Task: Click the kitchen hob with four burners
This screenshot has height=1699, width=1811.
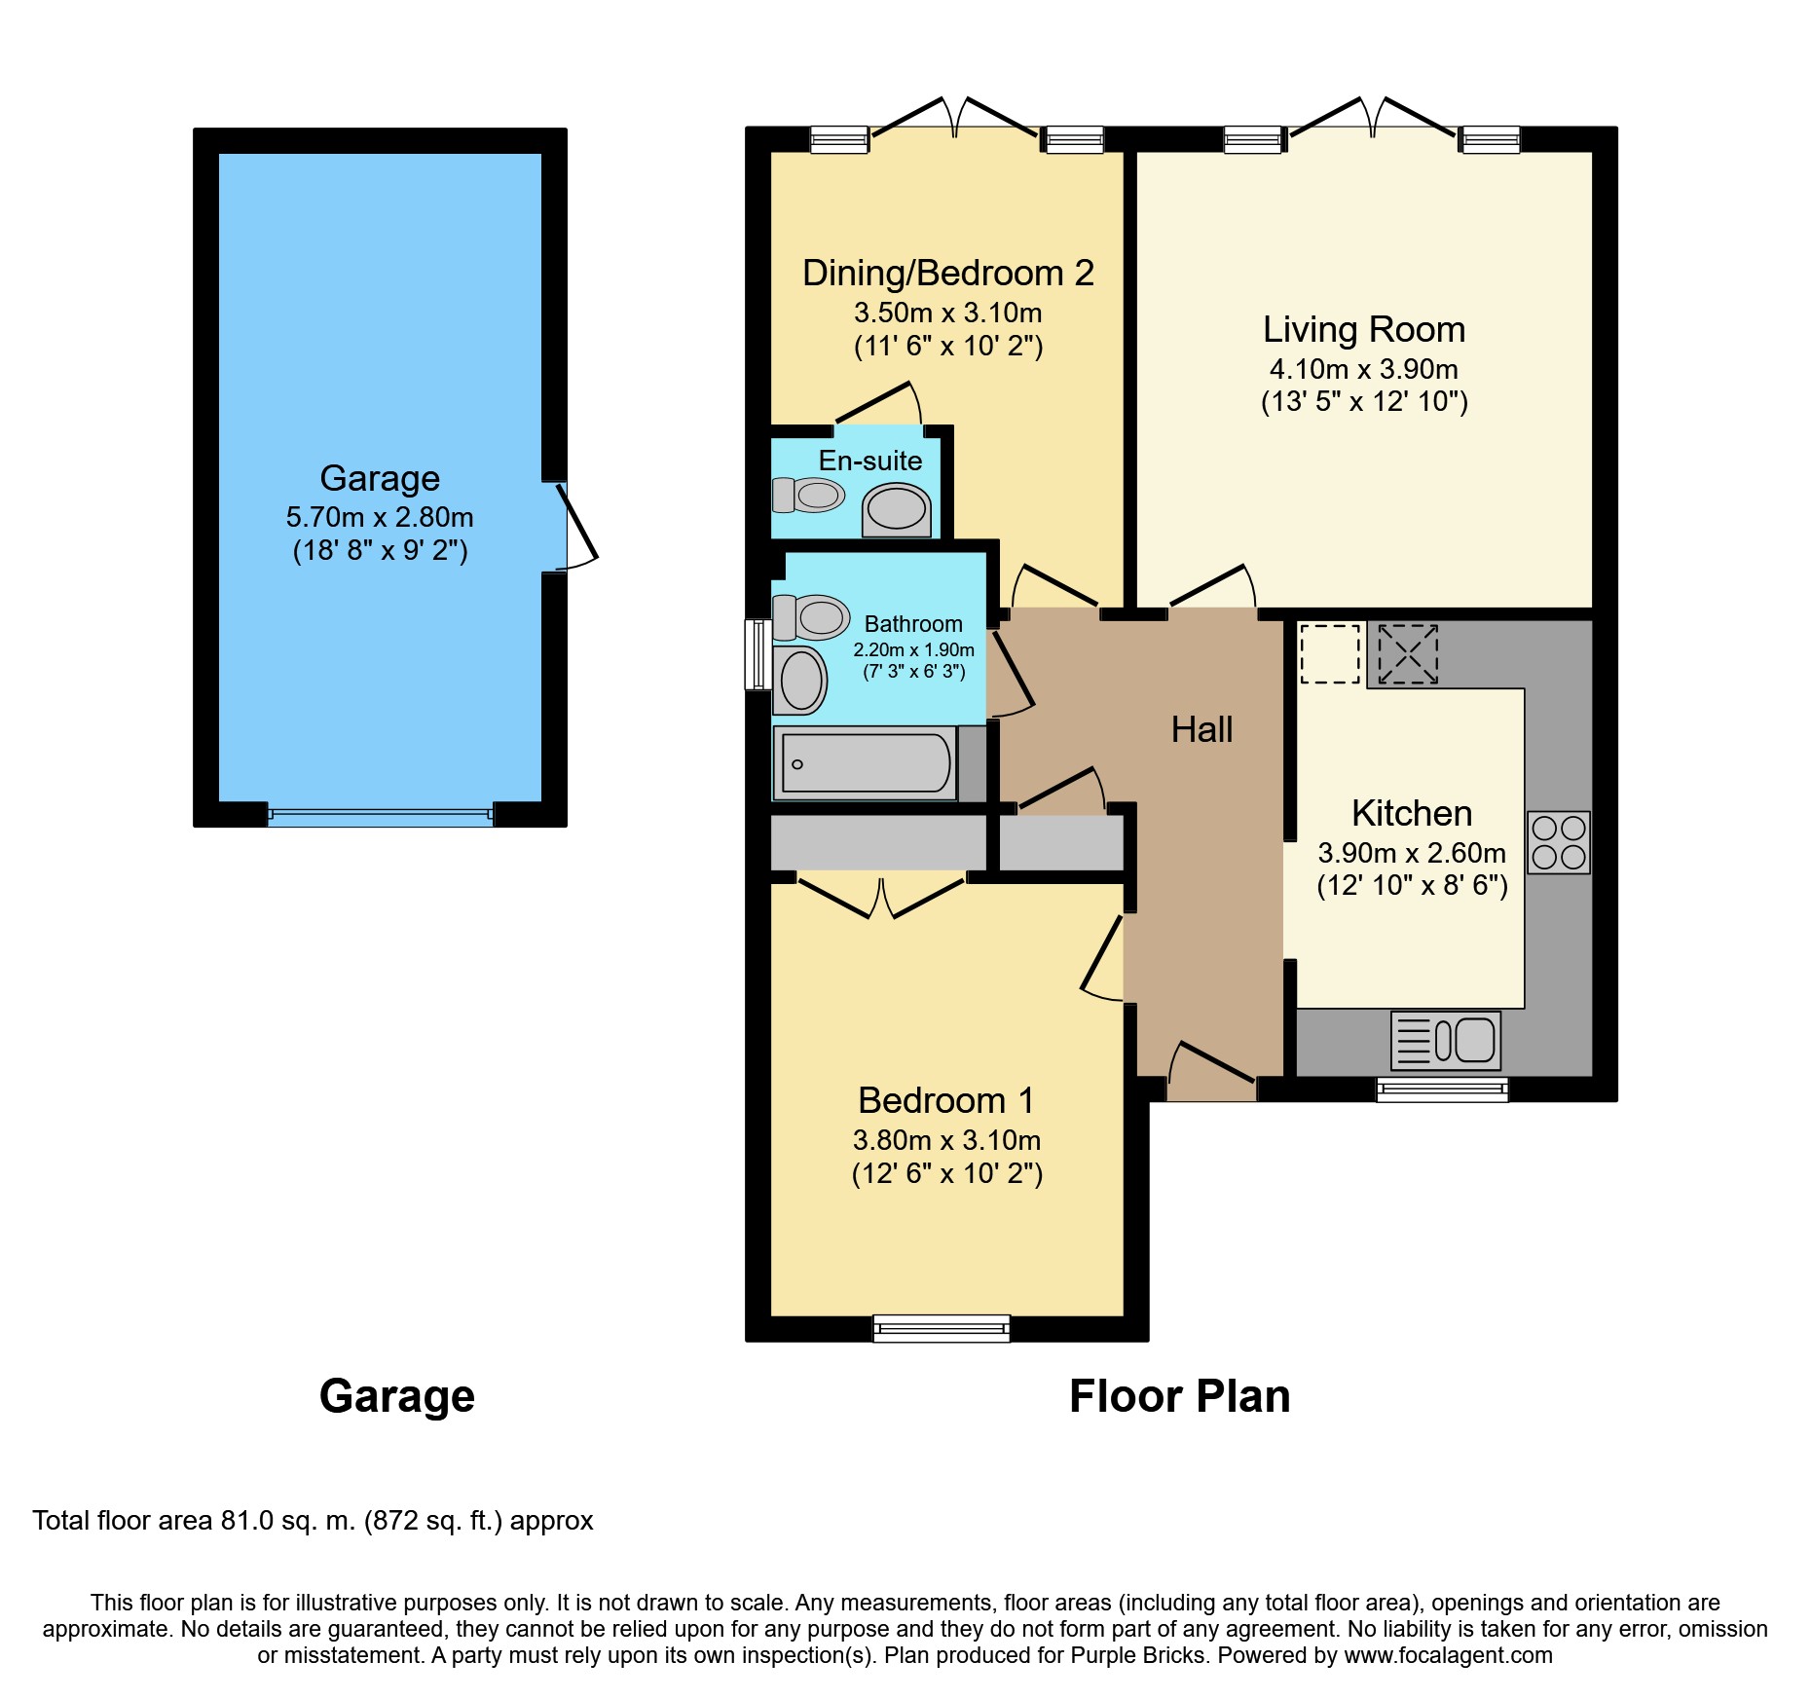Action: coord(1558,842)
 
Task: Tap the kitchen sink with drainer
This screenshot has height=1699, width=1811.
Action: coord(1446,1041)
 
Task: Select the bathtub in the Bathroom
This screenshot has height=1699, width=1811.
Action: coord(866,762)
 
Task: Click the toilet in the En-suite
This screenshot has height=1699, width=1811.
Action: coord(808,495)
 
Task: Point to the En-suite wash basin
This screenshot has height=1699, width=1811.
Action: coord(897,510)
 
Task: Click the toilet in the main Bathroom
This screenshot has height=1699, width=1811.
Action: coord(811,617)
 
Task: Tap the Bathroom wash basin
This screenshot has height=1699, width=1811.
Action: coord(800,680)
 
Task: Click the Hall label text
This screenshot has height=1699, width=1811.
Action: coord(1201,729)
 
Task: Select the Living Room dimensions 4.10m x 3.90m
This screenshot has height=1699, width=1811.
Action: coord(1364,369)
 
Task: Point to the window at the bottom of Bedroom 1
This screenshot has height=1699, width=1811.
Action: coord(942,1328)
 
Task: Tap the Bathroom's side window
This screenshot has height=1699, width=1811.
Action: coord(758,654)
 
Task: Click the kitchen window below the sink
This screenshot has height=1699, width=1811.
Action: coord(1442,1090)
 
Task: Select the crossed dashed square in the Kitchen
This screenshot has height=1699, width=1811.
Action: coord(1408,653)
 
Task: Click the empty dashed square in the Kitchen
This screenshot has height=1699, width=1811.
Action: coord(1330,653)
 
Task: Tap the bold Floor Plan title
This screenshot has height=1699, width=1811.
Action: coord(1180,1396)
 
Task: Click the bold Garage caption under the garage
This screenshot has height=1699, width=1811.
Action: coord(397,1396)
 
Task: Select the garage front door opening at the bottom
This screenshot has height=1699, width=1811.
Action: coord(381,816)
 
